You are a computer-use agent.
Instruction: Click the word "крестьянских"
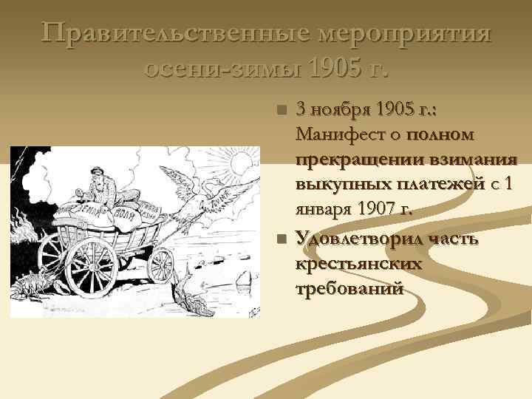click(x=358, y=263)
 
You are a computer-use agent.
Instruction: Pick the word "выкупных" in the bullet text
click(x=331, y=185)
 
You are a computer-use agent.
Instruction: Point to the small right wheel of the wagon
click(x=160, y=264)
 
